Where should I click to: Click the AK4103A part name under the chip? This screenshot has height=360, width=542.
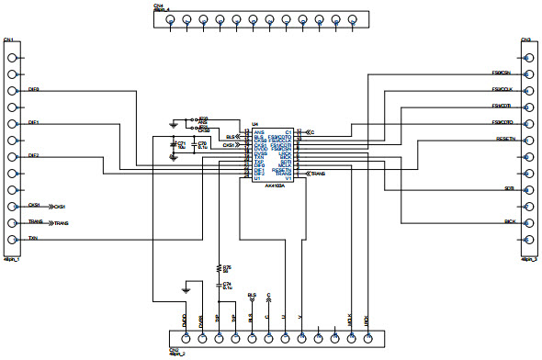[x=274, y=185]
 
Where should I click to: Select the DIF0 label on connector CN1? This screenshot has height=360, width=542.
[x=33, y=89]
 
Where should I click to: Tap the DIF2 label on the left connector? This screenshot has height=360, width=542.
[x=33, y=156]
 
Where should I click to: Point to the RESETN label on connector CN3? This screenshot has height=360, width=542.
[x=504, y=139]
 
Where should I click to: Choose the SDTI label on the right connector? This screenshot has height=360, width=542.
[x=508, y=189]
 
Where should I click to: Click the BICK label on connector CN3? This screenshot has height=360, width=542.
[x=508, y=222]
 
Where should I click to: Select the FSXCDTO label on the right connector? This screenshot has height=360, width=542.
[x=502, y=122]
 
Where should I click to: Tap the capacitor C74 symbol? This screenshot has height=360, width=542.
[x=219, y=286]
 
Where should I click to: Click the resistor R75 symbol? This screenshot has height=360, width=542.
[x=219, y=268]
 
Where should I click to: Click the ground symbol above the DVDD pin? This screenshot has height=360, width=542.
[x=186, y=290]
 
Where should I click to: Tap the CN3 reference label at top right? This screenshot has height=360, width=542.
[x=525, y=40]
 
